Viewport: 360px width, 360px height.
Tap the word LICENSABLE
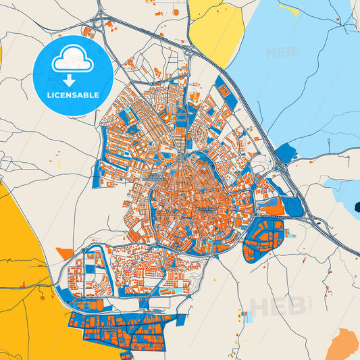[72, 95]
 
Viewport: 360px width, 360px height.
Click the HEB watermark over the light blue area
[280, 53]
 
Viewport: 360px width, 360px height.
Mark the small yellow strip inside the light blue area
[288, 9]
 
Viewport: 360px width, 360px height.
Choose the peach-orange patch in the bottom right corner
[343, 344]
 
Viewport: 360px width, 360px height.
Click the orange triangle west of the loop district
[64, 253]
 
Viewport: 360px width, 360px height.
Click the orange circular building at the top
[176, 11]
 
